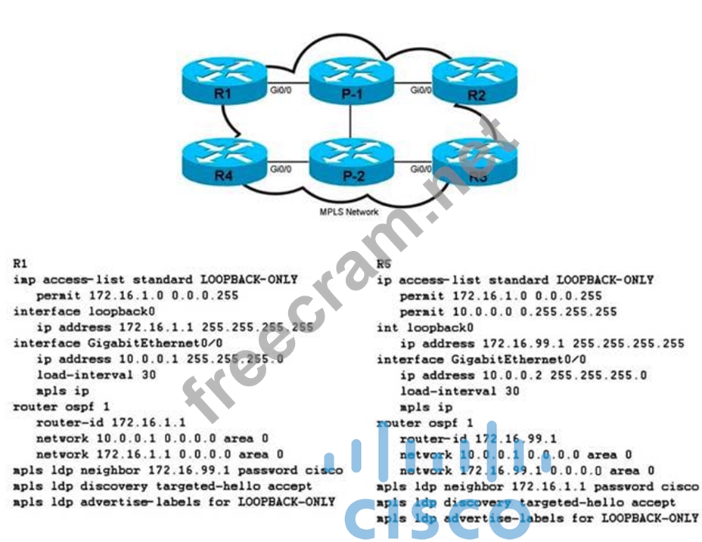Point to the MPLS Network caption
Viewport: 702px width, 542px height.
348,212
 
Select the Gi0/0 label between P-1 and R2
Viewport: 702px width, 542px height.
421,89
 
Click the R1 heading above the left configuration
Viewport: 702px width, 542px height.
21,265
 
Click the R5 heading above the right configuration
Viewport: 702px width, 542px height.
384,265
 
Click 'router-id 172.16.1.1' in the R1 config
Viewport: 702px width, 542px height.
110,423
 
